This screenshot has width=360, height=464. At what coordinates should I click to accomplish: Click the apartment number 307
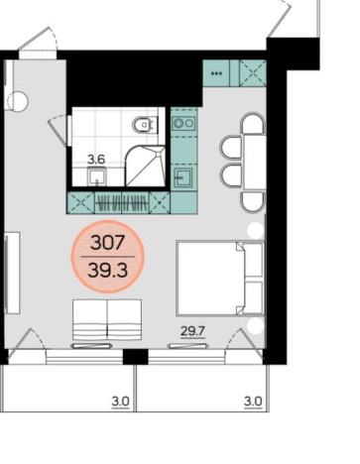pyautogui.click(x=108, y=242)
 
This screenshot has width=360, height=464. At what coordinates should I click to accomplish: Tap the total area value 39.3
pyautogui.click(x=108, y=271)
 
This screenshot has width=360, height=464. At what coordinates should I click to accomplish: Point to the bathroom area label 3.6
pyautogui.click(x=96, y=160)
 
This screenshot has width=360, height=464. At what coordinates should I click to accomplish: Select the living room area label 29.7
pyautogui.click(x=193, y=330)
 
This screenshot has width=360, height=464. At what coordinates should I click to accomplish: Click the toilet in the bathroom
pyautogui.click(x=145, y=125)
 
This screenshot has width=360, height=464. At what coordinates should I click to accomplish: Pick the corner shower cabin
pyautogui.click(x=145, y=166)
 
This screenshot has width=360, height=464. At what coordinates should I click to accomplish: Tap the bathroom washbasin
pyautogui.click(x=97, y=176)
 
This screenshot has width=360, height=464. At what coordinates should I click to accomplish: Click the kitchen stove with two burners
pyautogui.click(x=183, y=123)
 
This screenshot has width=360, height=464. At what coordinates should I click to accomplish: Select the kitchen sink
pyautogui.click(x=183, y=176)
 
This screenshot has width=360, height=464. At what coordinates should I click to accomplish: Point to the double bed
pyautogui.click(x=220, y=278)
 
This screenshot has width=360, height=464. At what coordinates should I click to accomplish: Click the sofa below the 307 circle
pyautogui.click(x=107, y=319)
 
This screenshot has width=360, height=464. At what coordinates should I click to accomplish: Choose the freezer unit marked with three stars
pyautogui.click(x=216, y=73)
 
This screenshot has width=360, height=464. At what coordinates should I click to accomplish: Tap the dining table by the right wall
pyautogui.click(x=255, y=162)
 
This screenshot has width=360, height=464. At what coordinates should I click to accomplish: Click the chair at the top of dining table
pyautogui.click(x=254, y=123)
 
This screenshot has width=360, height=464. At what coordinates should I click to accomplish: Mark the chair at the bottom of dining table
pyautogui.click(x=254, y=201)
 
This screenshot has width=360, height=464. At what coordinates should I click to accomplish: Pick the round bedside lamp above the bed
pyautogui.click(x=256, y=230)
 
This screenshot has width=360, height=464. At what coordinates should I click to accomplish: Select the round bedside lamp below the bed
pyautogui.click(x=256, y=326)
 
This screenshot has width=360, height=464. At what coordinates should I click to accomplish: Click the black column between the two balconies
pyautogui.click(x=136, y=357)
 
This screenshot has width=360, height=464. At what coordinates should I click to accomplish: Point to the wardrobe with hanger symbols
pyautogui.click(x=122, y=202)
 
